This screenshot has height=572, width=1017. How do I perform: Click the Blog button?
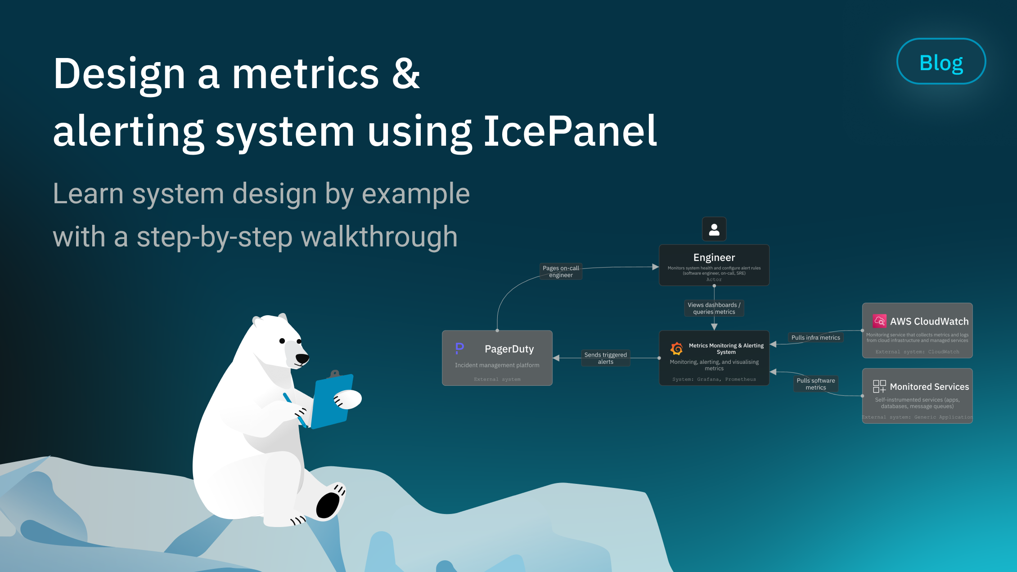tap(941, 62)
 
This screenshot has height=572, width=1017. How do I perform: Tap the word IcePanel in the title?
tap(570, 131)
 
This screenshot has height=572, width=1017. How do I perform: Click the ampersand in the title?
tap(406, 74)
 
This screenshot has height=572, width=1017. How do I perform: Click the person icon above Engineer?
tap(714, 229)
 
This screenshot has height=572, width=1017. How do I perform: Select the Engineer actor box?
tap(714, 265)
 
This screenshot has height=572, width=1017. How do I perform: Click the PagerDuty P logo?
tap(459, 348)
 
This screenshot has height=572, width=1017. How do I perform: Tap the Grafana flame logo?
tap(676, 349)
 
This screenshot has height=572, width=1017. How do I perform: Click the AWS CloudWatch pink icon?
tap(879, 321)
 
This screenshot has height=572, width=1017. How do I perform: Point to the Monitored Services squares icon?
tap(879, 386)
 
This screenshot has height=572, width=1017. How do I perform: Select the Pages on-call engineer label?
tap(561, 271)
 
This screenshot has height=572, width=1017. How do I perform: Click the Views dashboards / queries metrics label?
tap(714, 308)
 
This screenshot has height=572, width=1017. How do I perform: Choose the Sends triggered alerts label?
tap(605, 358)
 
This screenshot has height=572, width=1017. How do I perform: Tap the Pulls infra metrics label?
tap(815, 338)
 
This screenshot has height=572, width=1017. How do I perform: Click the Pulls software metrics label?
tap(815, 384)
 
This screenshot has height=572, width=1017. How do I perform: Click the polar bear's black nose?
tap(302, 358)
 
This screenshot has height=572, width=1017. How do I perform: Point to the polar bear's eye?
tap(282, 341)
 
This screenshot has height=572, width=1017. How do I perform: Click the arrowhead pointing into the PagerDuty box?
tap(556, 358)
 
